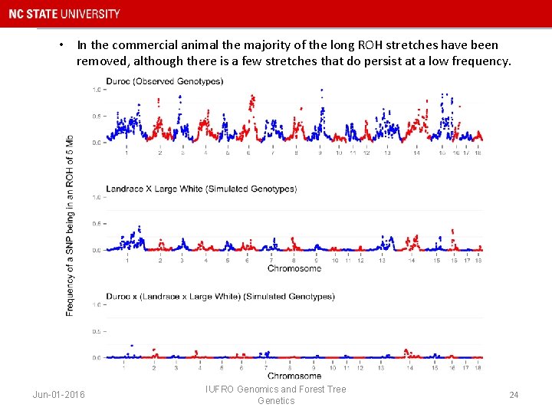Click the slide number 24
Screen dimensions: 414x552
click(514, 395)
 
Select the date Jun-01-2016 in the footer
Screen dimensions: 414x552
click(59, 395)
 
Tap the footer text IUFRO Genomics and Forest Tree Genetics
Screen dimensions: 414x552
click(276, 395)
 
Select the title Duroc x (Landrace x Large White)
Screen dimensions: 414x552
click(220, 296)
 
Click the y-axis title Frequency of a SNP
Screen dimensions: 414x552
click(70, 222)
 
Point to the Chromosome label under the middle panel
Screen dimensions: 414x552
click(294, 269)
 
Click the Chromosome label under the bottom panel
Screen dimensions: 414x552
click(294, 376)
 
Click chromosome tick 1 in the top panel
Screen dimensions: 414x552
click(127, 153)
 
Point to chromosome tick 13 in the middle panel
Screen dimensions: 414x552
click(382, 261)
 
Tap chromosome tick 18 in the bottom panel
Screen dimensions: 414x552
click(478, 368)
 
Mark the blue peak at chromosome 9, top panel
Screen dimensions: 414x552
click(321, 92)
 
